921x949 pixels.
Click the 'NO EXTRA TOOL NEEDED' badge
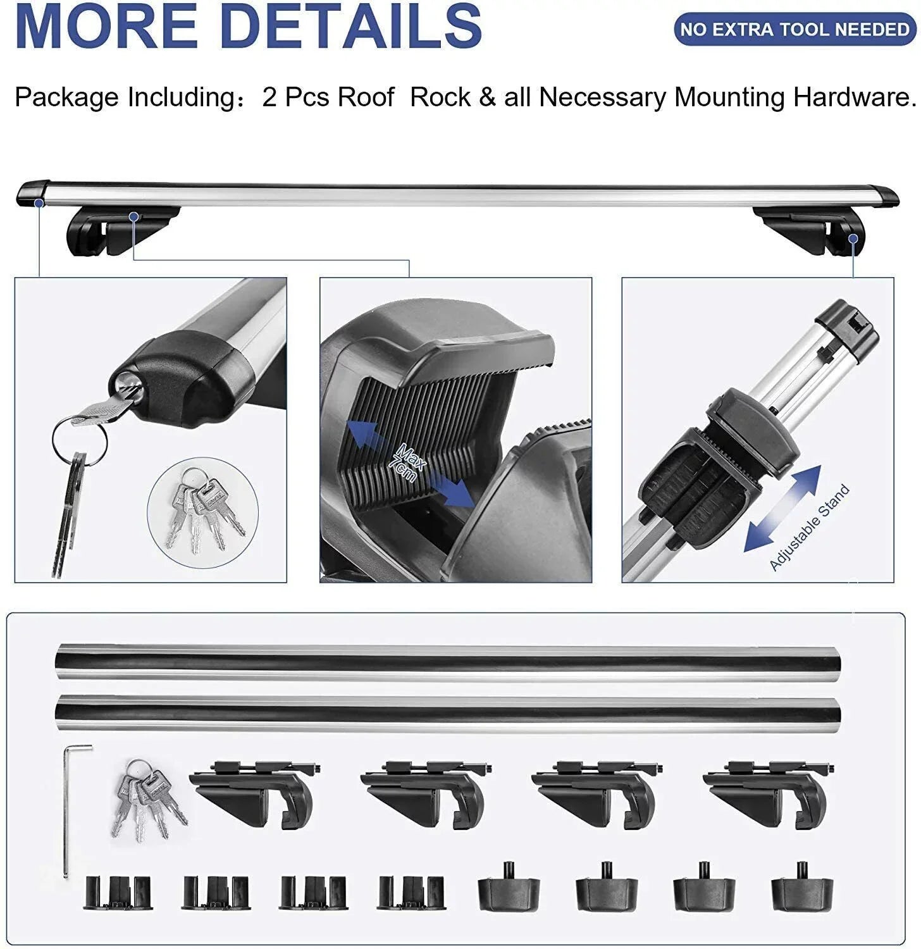pos(794,29)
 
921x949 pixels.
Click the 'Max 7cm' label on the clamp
pos(409,464)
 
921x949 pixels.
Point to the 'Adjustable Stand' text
pos(809,528)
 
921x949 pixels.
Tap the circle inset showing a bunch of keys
pos(203,511)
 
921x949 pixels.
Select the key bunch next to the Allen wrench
pos(149,798)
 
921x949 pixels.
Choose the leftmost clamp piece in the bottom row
pos(118,892)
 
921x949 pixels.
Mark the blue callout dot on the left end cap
pos(39,204)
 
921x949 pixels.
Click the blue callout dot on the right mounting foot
pos(853,239)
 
